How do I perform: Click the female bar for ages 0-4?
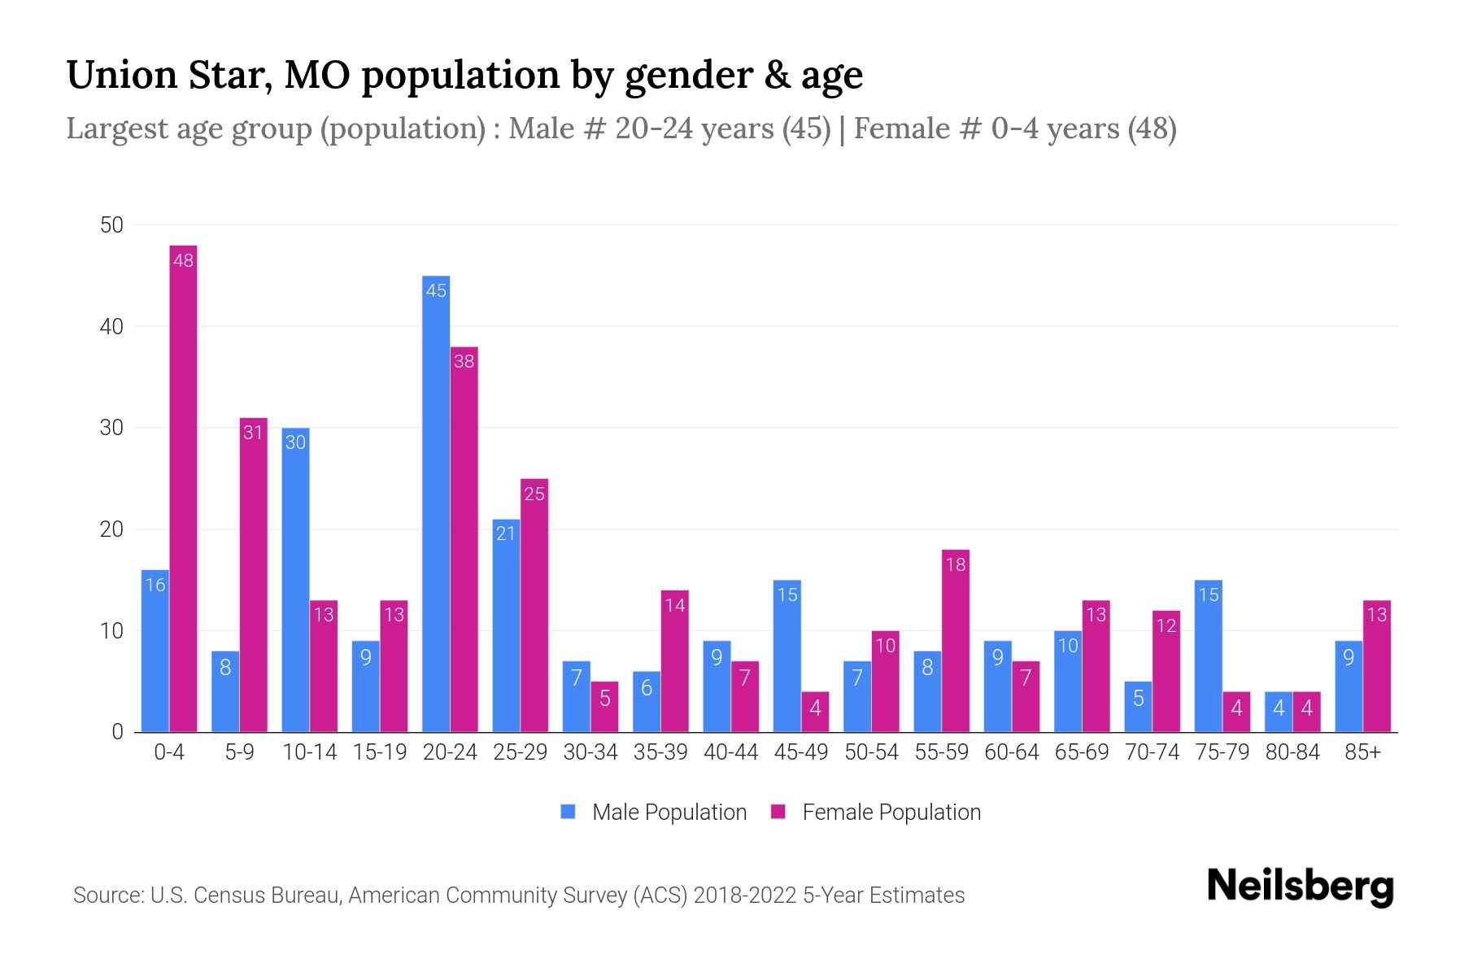(x=183, y=488)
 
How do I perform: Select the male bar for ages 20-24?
(x=436, y=504)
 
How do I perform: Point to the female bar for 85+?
(x=1377, y=666)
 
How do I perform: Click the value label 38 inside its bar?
(x=464, y=361)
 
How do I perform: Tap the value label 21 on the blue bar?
(x=506, y=534)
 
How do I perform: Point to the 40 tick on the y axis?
(x=111, y=327)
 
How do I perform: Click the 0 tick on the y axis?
(x=117, y=732)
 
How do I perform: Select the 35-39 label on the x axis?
(x=660, y=752)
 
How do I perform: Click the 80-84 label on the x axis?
(x=1292, y=752)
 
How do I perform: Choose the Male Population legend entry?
(x=669, y=813)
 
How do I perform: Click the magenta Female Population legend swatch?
(x=778, y=812)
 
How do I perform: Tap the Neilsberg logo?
(x=1300, y=887)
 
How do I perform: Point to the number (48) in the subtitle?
(x=1152, y=129)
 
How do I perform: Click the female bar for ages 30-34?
(x=604, y=707)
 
